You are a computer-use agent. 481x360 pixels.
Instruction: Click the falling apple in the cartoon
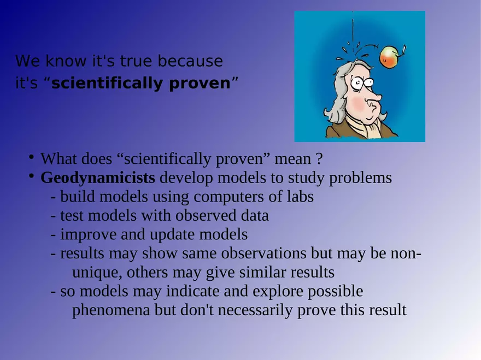[x=389, y=57]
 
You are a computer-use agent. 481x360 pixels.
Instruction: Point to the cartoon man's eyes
[x=362, y=82]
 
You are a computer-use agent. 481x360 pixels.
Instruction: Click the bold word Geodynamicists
[x=97, y=178]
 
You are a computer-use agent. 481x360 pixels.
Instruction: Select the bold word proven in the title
[x=200, y=84]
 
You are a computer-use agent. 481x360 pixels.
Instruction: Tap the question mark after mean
[x=319, y=159]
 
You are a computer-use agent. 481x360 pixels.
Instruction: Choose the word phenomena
[x=111, y=310]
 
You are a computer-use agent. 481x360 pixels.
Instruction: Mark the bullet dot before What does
[x=31, y=157]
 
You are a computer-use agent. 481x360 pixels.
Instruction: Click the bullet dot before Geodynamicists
[x=31, y=176]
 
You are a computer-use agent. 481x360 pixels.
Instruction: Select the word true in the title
[x=136, y=61]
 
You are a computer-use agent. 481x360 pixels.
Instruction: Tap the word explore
[x=278, y=292]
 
